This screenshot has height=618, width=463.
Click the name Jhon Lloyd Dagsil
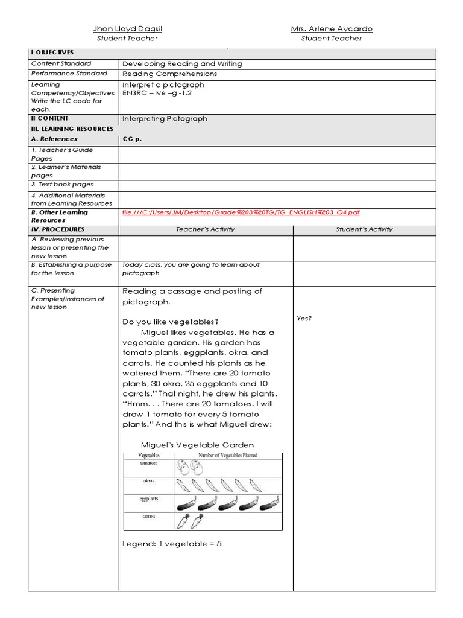127,29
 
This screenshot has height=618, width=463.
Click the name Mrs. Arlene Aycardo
332,29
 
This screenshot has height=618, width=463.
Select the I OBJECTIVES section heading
52,53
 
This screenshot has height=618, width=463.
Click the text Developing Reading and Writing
182,63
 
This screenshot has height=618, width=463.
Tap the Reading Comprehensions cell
169,74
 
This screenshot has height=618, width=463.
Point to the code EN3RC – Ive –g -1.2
156,94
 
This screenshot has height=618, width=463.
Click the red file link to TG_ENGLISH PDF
241,212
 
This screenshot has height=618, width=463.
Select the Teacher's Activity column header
206,229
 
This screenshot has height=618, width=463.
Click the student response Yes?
304,319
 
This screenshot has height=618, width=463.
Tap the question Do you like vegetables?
171,322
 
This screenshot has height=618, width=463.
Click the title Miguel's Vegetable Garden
189,445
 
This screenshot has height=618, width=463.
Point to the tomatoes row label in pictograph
149,463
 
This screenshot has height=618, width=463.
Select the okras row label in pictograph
149,481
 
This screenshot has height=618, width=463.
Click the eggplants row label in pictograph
149,499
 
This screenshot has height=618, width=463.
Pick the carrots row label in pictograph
149,517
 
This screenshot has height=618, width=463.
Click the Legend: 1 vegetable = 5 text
172,544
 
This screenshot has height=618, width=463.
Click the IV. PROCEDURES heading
58,229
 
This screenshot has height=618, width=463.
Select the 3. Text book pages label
63,185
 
